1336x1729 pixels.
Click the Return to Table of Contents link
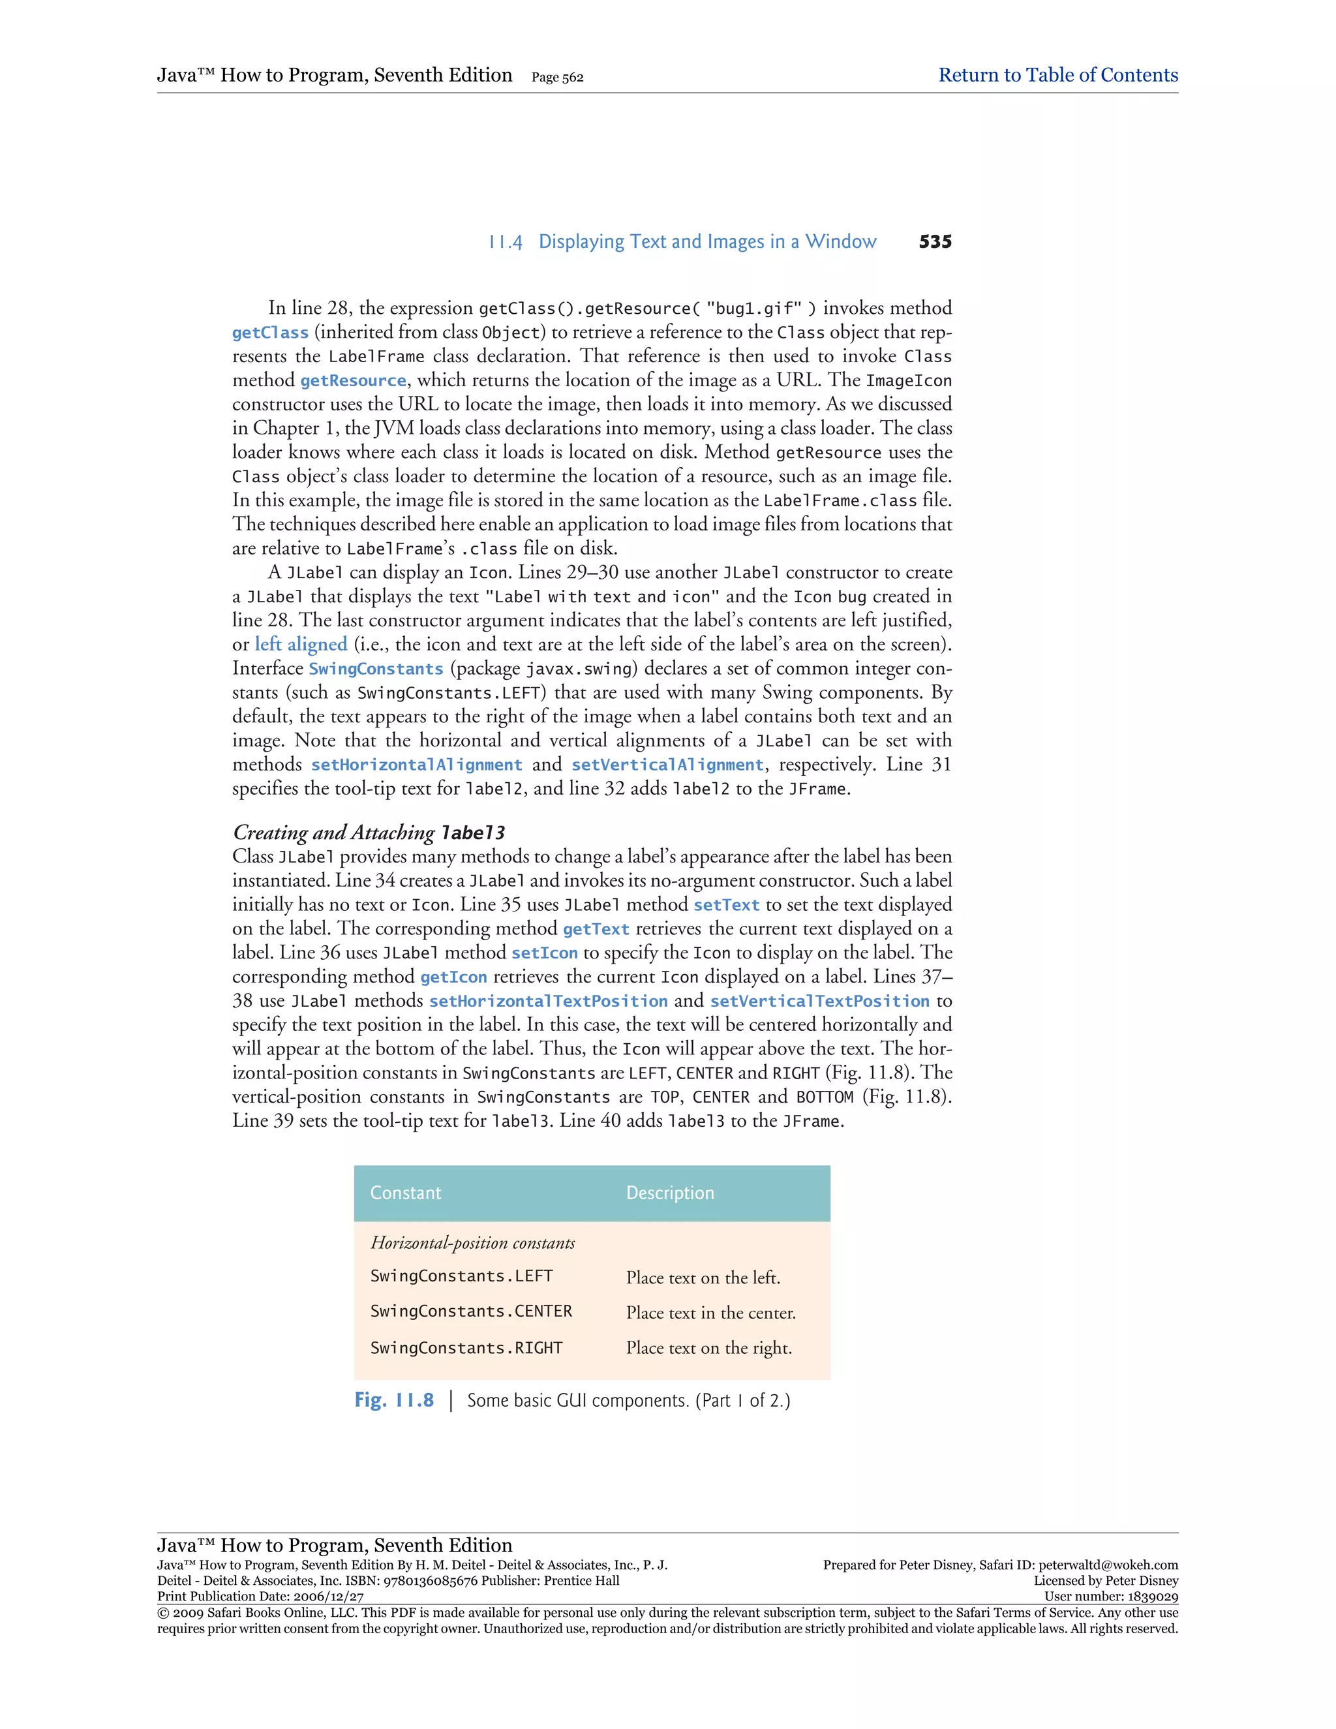[x=1057, y=75]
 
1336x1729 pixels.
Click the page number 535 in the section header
[x=935, y=242]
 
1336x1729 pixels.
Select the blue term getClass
[x=270, y=333]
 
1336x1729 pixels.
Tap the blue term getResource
[x=353, y=381]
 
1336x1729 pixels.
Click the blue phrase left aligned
[x=301, y=645]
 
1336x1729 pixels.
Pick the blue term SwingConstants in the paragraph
[x=376, y=669]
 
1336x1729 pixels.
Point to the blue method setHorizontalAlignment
[x=416, y=765]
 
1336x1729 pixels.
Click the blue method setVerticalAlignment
[x=667, y=765]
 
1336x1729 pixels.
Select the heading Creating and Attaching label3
[x=369, y=832]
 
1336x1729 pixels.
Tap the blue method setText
[x=727, y=905]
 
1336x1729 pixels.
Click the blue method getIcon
[x=453, y=977]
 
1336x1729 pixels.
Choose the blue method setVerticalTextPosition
[x=819, y=1002]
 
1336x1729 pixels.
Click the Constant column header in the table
[x=406, y=1193]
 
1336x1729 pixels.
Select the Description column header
[x=669, y=1193]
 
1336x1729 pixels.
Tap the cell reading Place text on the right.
[x=708, y=1348]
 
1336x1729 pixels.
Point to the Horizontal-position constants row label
[x=472, y=1243]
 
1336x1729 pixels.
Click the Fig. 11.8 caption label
[x=394, y=1400]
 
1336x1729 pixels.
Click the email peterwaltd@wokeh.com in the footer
[x=1108, y=1565]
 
